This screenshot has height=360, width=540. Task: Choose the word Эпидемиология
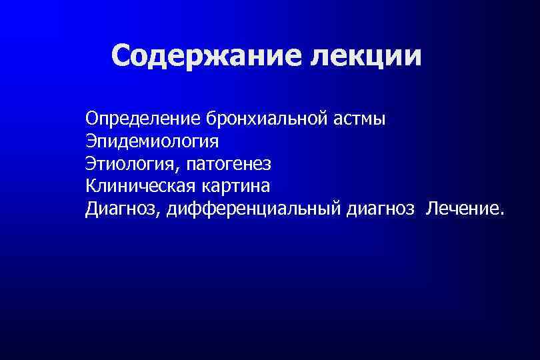151,142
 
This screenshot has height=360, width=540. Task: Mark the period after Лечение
496,213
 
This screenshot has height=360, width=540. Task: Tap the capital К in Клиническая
90,186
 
